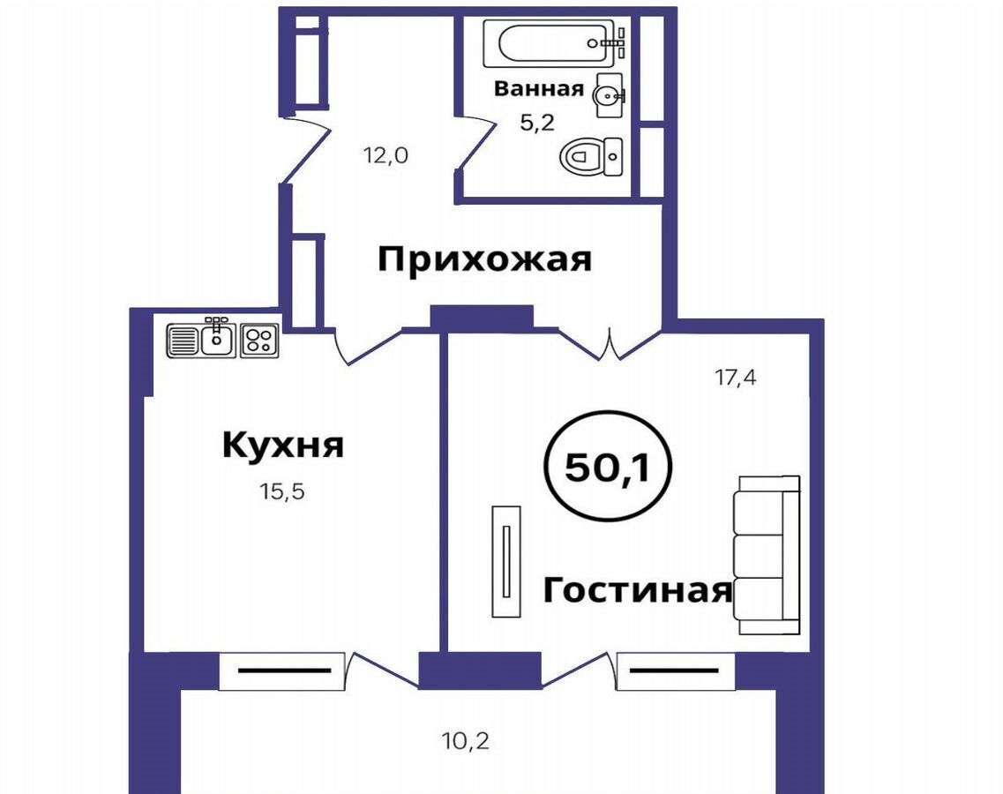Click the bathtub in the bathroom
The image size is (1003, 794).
[x=554, y=43]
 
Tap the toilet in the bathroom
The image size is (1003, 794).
[x=591, y=156]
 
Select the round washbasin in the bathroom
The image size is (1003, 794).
[x=610, y=95]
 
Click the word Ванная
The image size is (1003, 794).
[x=539, y=88]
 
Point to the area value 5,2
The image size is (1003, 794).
[x=536, y=123]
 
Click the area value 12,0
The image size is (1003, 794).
[x=385, y=155]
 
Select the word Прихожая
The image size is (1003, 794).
[x=485, y=259]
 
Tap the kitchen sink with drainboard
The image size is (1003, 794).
[x=201, y=338]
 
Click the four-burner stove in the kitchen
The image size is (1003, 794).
[x=259, y=341]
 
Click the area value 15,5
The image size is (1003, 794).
[x=282, y=491]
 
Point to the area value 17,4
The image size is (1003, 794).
[x=736, y=378]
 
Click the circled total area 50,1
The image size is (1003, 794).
[x=607, y=467]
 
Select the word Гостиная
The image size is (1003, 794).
[x=638, y=590]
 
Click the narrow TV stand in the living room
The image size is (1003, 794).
[x=506, y=562]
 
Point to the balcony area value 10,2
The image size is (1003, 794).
[x=466, y=741]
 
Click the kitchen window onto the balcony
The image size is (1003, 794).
[x=282, y=671]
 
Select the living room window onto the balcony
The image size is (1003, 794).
[x=676, y=671]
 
